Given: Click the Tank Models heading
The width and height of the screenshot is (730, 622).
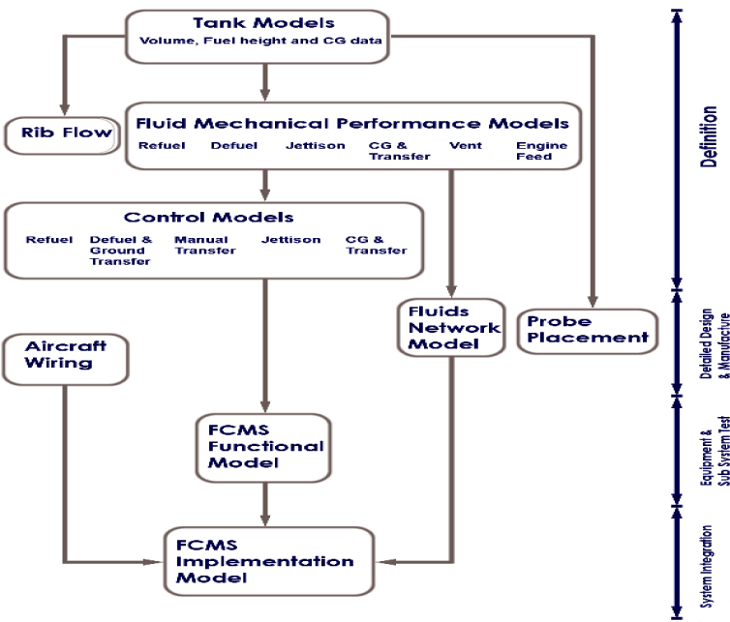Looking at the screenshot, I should tap(262, 23).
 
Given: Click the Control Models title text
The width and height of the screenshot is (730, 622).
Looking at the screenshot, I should tap(208, 217).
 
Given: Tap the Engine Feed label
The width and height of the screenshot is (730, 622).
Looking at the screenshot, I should tap(534, 151).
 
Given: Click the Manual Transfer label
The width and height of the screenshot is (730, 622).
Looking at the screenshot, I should tap(201, 245).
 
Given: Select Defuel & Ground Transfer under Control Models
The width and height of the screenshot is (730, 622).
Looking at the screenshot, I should tap(120, 250).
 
